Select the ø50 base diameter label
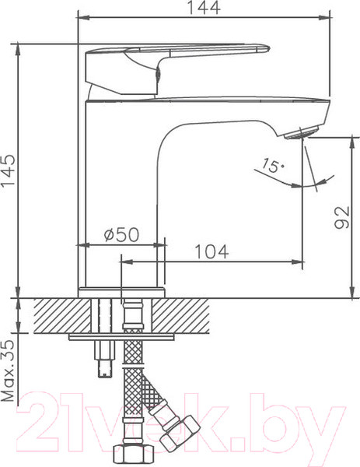click(120, 233)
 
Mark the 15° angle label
click(273, 166)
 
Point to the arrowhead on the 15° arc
click(299, 184)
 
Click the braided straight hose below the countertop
click(129, 389)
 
